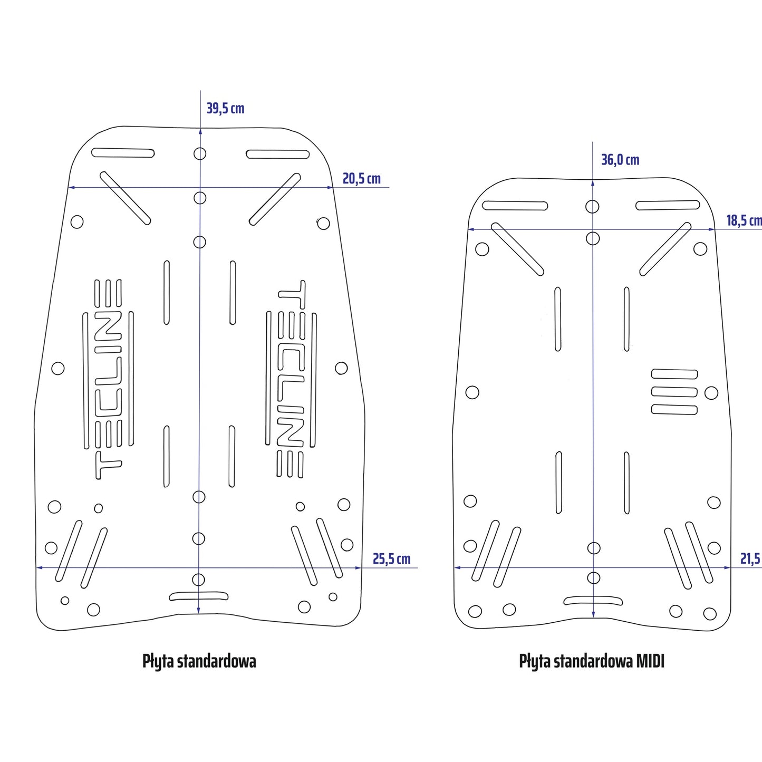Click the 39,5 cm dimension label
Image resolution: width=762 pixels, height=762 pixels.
coord(225,109)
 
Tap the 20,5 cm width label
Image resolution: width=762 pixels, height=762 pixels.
coord(361,179)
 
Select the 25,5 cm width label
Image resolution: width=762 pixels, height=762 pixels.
coord(391,559)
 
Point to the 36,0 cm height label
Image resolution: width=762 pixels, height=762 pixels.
coord(620,160)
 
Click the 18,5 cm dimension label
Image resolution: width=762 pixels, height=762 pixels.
coord(744,220)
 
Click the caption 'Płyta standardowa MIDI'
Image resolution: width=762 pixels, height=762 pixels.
coord(592,661)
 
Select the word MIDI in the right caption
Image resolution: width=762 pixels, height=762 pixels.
coord(650,661)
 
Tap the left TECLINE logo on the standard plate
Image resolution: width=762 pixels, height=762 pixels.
coord(108,379)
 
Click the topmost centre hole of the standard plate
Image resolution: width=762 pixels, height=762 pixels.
coord(200,153)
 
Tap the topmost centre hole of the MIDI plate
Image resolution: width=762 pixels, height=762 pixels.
coord(592,206)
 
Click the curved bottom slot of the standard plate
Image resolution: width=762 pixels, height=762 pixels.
coord(199,596)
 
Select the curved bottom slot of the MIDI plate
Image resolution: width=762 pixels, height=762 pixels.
coord(593,600)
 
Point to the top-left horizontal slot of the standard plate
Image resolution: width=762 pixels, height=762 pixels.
coord(123,153)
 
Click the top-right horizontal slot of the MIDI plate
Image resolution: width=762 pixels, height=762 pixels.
coord(668,205)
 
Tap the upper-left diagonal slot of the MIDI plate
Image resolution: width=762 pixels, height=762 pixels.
coord(517,249)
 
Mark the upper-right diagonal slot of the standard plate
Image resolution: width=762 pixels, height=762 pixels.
coord(275,199)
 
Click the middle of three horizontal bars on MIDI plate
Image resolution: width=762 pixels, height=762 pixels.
coord(674,392)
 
